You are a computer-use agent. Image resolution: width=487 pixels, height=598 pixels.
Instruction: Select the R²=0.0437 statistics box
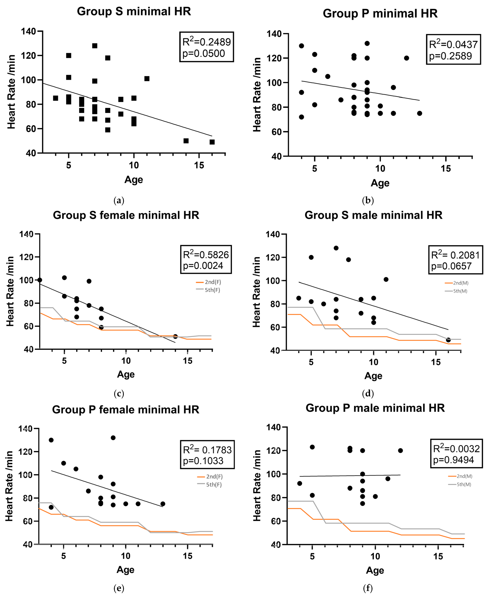pyautogui.click(x=453, y=50)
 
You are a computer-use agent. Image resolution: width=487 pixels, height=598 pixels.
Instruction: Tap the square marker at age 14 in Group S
pyautogui.click(x=186, y=141)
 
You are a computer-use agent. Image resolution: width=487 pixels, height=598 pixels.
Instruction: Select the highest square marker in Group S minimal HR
pyautogui.click(x=95, y=46)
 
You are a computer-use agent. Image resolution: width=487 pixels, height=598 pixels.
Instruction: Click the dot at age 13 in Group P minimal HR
pyautogui.click(x=419, y=113)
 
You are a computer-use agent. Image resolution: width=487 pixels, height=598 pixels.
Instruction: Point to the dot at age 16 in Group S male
pyautogui.click(x=448, y=340)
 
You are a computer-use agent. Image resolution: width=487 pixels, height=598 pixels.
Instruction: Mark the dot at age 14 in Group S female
pyautogui.click(x=175, y=336)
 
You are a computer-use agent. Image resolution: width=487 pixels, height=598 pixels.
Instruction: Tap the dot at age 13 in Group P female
pyautogui.click(x=163, y=504)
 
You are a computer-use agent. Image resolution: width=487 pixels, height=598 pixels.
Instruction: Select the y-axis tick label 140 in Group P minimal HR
pyautogui.click(x=274, y=34)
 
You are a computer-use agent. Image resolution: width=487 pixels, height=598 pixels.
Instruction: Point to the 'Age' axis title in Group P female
pyautogui.click(x=125, y=570)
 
